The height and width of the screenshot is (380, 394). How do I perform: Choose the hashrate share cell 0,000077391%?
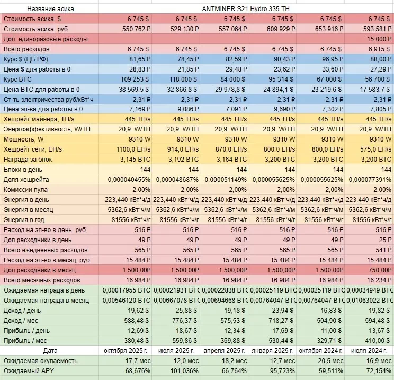coord(369,180)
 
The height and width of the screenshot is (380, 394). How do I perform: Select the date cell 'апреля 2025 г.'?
coord(223,350)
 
